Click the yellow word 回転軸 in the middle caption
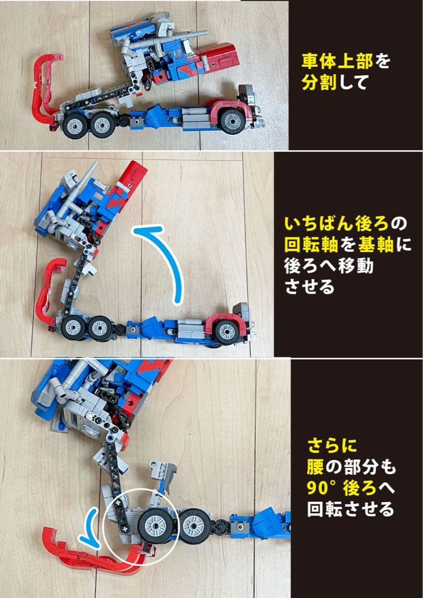click(311, 245)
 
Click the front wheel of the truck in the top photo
click(233, 121)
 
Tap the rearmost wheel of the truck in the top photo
click(73, 126)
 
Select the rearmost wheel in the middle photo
click(71, 328)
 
